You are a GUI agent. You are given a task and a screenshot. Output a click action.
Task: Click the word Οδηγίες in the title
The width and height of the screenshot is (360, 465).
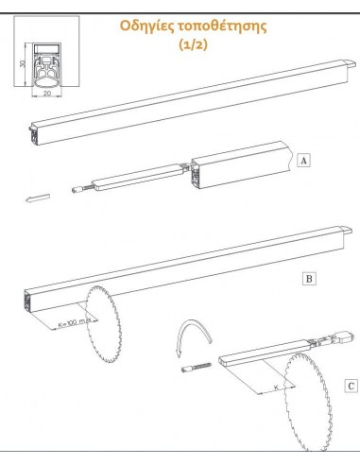[x=146, y=26]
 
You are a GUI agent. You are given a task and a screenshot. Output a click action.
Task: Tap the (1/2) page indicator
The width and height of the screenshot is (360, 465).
[x=194, y=44]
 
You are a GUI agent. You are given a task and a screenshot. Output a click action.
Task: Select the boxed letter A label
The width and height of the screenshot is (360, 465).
[x=303, y=161]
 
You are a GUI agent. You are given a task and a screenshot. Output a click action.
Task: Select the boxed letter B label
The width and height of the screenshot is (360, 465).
[x=309, y=279]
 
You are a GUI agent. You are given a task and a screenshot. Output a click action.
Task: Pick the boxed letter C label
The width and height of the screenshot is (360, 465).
[x=351, y=386]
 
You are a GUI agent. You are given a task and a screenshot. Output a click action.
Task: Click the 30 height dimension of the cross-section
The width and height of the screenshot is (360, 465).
[x=22, y=63]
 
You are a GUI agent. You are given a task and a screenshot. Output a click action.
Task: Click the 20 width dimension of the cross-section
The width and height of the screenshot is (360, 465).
[x=47, y=94]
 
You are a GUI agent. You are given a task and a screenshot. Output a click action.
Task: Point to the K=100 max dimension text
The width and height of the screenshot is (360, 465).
[x=75, y=323]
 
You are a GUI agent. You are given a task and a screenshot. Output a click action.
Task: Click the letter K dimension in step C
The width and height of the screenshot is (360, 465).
[x=276, y=387]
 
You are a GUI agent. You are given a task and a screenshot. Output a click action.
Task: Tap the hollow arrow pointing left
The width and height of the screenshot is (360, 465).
[x=38, y=198]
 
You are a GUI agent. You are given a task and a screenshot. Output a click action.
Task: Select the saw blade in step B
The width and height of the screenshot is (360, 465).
[x=103, y=324]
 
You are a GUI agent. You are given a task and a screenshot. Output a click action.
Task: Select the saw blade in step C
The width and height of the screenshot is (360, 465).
[x=307, y=403]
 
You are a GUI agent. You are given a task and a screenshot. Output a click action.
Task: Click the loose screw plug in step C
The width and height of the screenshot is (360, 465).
[x=197, y=367]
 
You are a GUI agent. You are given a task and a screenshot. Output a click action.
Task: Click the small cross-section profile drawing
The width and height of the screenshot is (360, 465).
[x=46, y=65]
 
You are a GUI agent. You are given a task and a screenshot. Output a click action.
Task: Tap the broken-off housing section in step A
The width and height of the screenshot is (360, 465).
[x=242, y=165]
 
